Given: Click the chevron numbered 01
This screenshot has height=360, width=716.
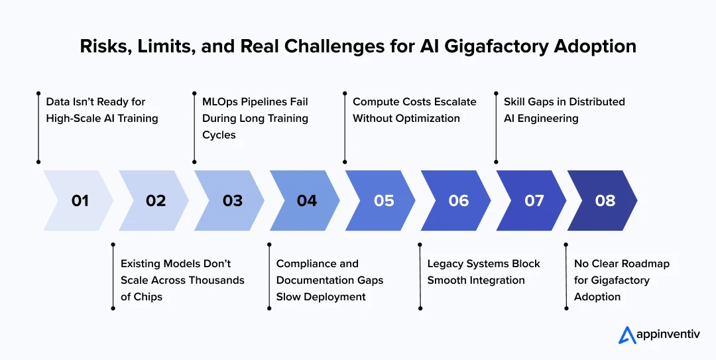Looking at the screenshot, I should (79, 200).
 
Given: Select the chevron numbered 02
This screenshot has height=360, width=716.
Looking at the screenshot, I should (155, 200).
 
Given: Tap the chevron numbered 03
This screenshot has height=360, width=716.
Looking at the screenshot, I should (231, 200).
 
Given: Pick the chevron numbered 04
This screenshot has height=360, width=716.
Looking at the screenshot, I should (306, 200).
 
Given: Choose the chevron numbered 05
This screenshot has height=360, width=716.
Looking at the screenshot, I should (383, 200).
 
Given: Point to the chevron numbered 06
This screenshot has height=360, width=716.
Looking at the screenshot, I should (458, 200).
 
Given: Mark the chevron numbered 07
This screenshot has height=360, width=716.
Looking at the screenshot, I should (534, 200).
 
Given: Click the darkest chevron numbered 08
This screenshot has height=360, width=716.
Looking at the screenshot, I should (605, 200).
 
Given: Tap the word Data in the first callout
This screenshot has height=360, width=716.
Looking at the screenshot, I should (58, 102).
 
